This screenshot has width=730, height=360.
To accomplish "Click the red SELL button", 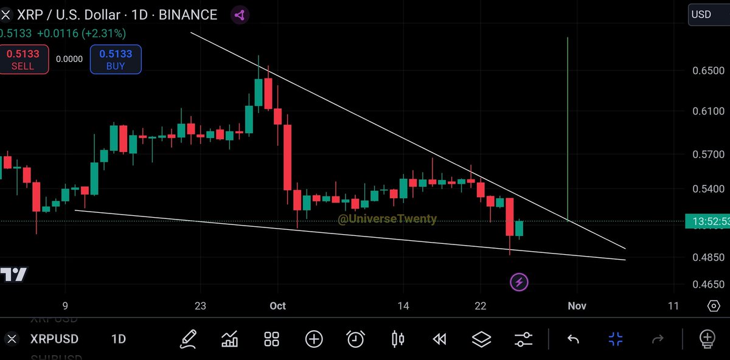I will coord(23,59).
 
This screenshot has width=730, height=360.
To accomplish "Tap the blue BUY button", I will coord(116,59).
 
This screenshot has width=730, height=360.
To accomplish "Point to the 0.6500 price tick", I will coord(708,71).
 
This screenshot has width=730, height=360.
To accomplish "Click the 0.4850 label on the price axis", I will coord(708,257).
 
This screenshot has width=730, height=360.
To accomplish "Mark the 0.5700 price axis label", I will coord(708,155).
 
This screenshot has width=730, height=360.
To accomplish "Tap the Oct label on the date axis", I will coord(277,306).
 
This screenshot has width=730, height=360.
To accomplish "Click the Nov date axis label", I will coord(577,306).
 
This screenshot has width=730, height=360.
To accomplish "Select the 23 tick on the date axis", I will coord(201,306).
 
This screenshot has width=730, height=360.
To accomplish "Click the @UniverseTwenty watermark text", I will coord(387,219).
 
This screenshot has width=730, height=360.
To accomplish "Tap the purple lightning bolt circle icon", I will coord(519,282).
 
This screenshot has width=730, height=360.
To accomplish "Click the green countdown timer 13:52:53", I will coord(708,222).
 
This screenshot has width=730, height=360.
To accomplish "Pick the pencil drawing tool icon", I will coord(189,339).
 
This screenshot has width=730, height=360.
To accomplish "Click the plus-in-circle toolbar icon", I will coord(314,339).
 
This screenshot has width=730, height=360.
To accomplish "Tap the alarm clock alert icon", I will coord(355,339).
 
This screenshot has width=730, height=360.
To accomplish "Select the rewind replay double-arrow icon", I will coord(439,339).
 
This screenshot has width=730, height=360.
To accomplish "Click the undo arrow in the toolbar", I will coord(573,339).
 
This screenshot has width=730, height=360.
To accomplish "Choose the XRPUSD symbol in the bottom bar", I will coord(54,339).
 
